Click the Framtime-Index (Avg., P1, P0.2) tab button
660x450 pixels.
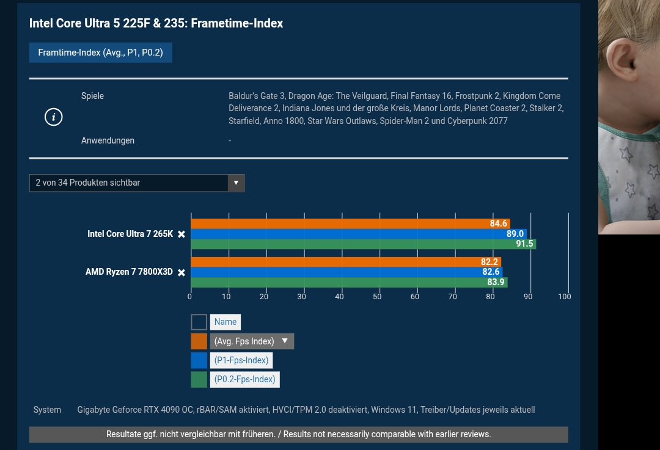100,53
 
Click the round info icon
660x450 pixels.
54,117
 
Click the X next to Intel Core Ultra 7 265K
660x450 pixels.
182,234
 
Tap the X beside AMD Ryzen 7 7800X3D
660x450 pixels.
182,272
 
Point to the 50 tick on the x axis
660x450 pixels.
377,297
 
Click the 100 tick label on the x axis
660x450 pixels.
565,297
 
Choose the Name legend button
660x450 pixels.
225,322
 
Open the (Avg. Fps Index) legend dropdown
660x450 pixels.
252,341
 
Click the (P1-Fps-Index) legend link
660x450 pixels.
241,360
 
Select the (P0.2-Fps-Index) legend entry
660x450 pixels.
244,379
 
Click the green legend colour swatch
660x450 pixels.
199,379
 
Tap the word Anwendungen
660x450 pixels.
108,140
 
